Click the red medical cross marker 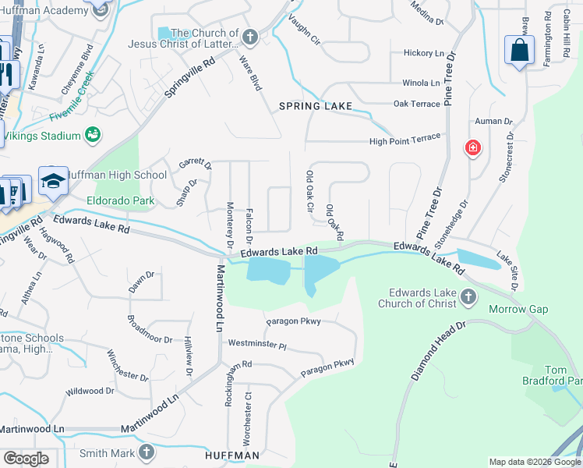coord(472,147)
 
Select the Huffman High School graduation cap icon coord(53,181)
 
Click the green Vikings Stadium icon coord(93,135)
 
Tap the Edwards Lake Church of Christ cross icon coord(468,296)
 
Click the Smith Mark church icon coord(147,452)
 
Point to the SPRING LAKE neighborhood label coord(316,105)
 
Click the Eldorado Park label coord(121,201)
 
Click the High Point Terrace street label coord(405,140)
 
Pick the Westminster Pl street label coord(257,344)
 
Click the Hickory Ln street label coord(423,53)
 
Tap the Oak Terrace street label coord(416,103)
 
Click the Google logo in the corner coord(26,459)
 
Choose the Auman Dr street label coord(493,122)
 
